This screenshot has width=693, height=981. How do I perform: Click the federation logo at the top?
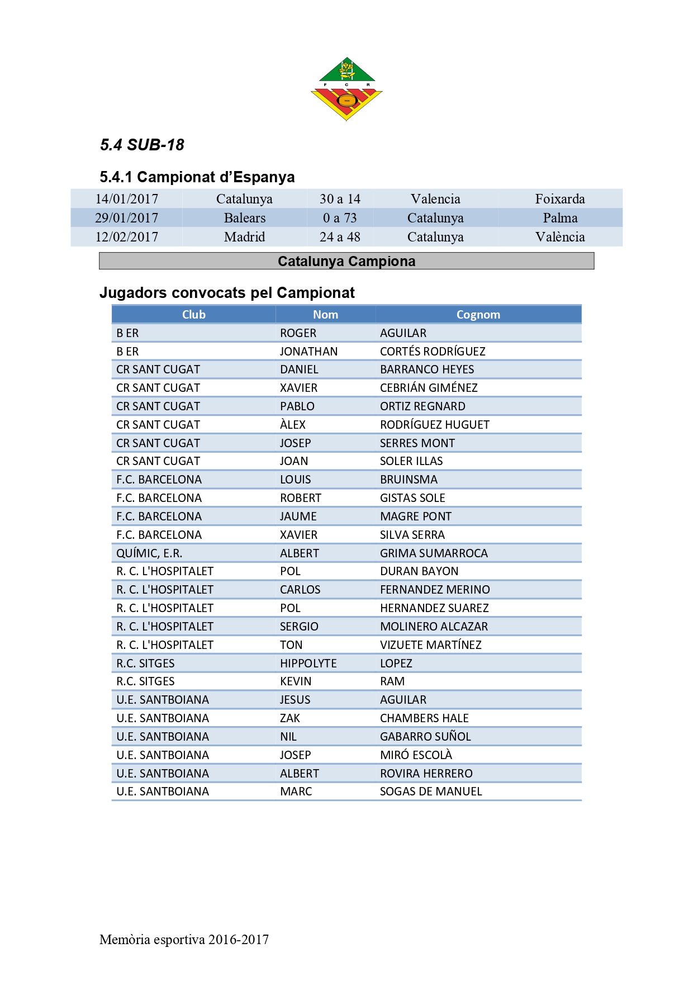346,88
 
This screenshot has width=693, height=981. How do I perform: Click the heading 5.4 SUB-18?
142,145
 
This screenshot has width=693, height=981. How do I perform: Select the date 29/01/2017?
126,218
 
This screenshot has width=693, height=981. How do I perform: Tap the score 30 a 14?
340,199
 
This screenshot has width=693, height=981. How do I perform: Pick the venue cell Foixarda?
559,199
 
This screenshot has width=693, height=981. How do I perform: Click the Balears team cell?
244,218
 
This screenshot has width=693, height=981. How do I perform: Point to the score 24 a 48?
340,237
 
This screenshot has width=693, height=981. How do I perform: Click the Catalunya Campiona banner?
346,261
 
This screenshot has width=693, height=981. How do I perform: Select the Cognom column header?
478,315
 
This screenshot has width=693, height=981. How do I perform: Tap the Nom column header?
325,315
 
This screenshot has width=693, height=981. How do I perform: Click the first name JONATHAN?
308,352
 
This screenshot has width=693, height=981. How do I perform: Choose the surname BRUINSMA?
409,480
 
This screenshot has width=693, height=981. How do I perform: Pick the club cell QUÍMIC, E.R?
149,553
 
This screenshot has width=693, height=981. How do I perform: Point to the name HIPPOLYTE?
308,664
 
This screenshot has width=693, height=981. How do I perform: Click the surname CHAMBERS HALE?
424,718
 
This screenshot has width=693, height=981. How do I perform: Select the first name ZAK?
290,718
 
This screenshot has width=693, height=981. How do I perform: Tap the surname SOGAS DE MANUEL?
430,792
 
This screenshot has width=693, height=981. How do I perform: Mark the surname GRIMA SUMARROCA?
434,553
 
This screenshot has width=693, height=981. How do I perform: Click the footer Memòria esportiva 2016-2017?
184,940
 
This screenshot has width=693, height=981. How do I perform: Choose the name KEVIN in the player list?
296,681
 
